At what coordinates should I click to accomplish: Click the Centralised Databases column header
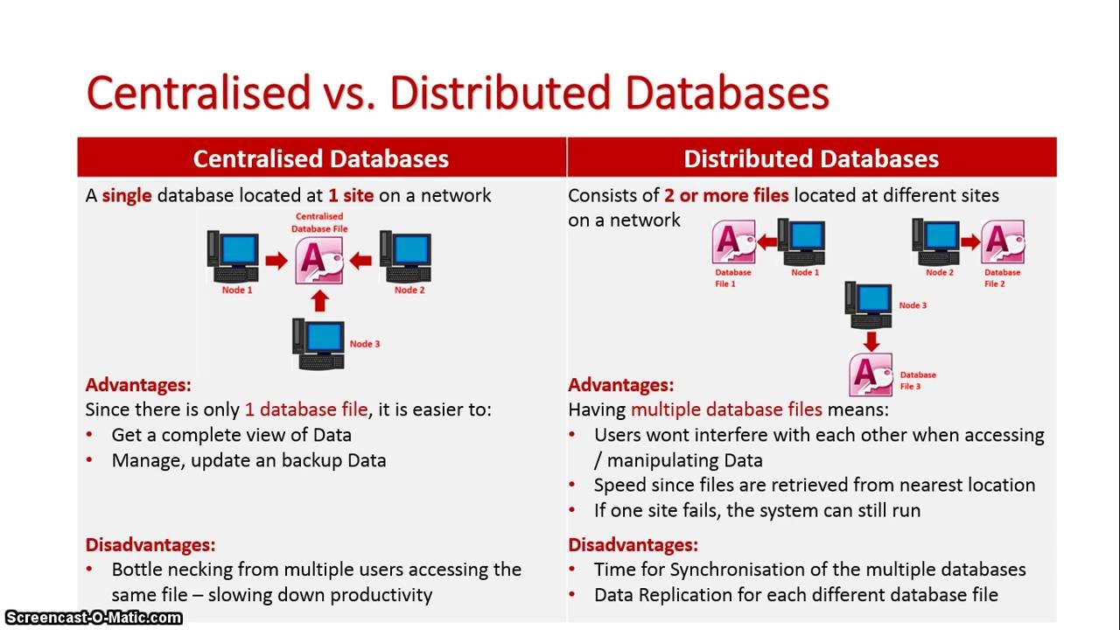pos(320,158)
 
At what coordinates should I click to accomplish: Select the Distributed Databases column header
pos(811,158)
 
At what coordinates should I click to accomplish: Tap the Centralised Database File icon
pos(319,260)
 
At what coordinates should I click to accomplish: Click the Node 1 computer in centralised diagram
pos(234,255)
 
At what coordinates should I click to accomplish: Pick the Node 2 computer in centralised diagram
pos(406,255)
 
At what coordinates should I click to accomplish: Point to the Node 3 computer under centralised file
pos(318,344)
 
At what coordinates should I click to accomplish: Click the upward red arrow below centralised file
pos(319,301)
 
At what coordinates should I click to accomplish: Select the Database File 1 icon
pos(733,242)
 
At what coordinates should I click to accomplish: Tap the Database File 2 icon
pos(1003,242)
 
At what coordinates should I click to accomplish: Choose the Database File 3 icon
pos(871,374)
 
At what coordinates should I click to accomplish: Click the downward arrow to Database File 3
pos(870,340)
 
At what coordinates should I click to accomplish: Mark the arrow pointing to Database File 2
pos(969,242)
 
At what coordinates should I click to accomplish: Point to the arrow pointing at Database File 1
pos(767,242)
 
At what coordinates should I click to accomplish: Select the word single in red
pos(127,195)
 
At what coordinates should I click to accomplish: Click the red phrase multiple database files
pos(726,409)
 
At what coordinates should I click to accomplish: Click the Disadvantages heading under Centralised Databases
pos(150,544)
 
